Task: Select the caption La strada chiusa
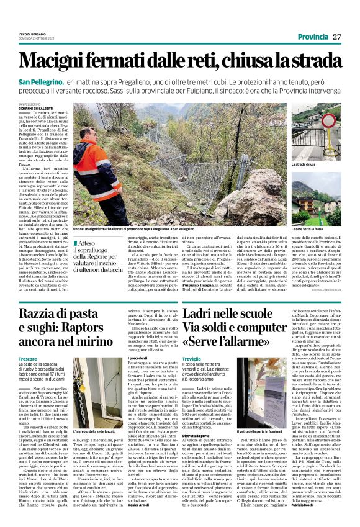tap(303, 164)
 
